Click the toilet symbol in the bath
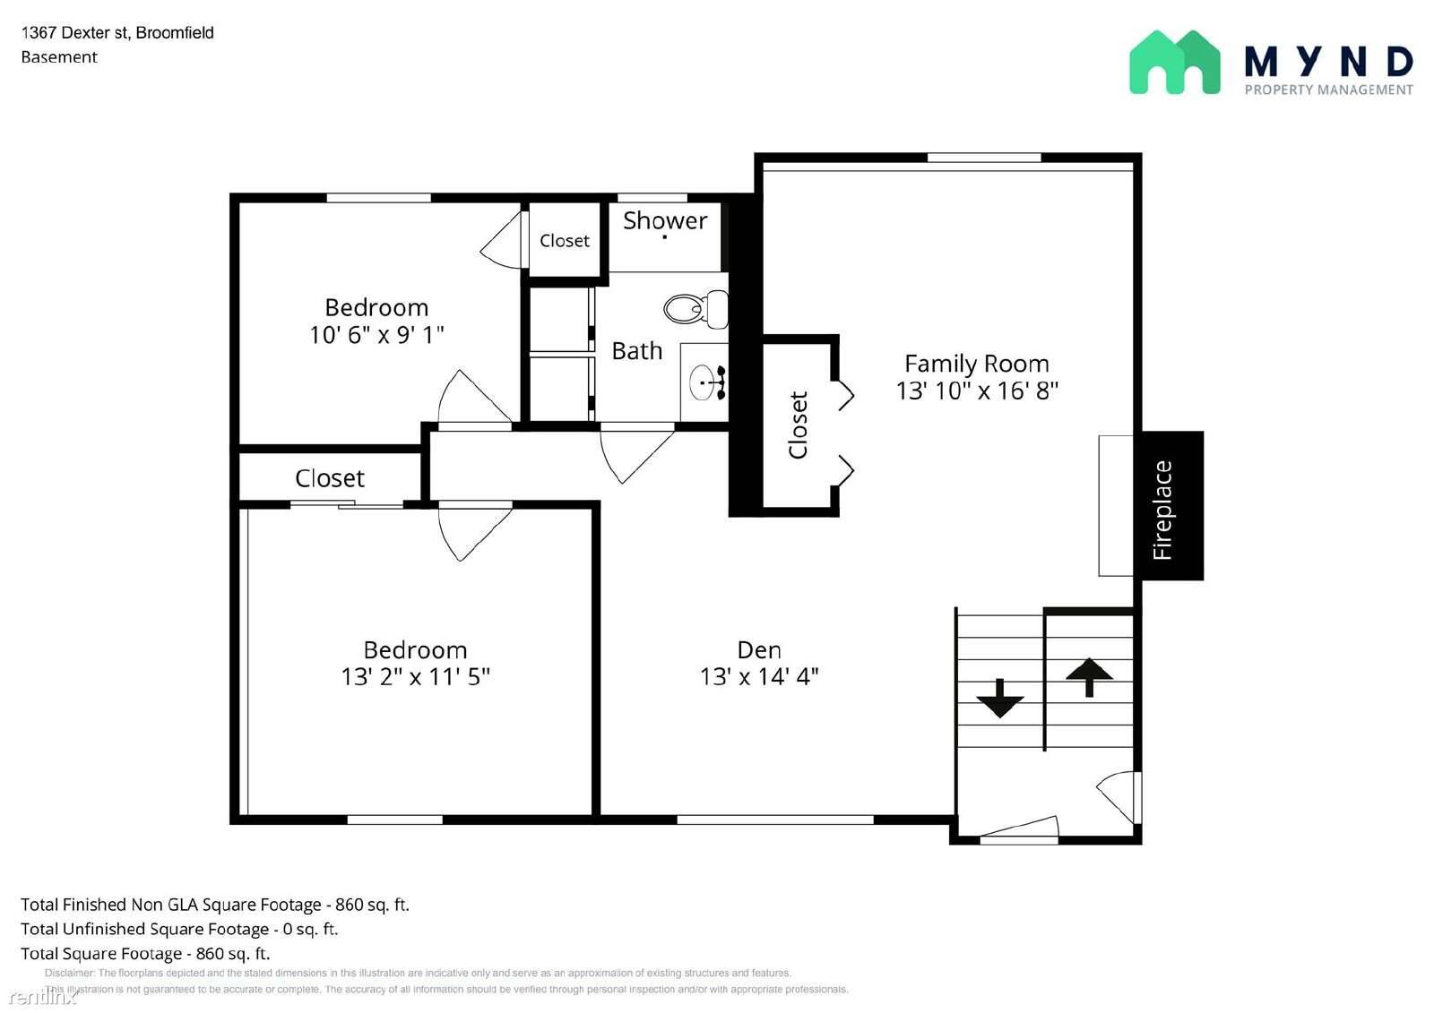(x=695, y=309)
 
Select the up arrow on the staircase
(x=1089, y=676)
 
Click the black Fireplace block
(x=1171, y=506)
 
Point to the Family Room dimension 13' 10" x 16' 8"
(x=977, y=391)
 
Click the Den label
(x=759, y=649)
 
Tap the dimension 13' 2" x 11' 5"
(x=415, y=676)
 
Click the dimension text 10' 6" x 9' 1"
(x=376, y=335)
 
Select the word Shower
(x=665, y=220)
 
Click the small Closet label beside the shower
(x=565, y=240)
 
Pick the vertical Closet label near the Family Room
(x=798, y=425)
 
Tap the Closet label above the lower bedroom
(x=330, y=478)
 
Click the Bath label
(x=636, y=350)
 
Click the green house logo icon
(x=1174, y=63)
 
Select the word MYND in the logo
(x=1328, y=62)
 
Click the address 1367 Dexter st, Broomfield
(x=117, y=33)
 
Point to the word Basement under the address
(x=59, y=57)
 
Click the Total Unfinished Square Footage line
(x=179, y=929)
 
